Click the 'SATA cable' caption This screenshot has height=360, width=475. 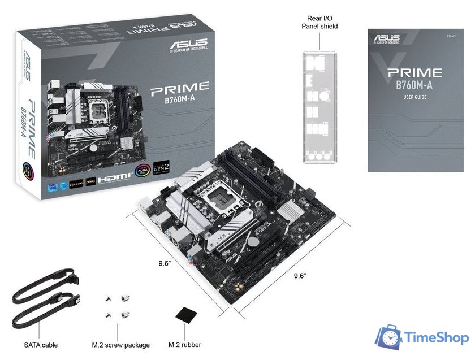click(41, 345)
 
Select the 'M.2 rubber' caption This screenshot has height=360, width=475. click(185, 345)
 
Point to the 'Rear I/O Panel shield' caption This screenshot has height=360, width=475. click(319, 22)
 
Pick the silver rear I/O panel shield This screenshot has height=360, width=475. click(320, 107)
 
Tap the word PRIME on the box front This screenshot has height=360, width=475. click(179, 87)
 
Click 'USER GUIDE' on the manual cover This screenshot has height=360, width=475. click(414, 97)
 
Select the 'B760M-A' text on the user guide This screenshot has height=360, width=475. click(414, 85)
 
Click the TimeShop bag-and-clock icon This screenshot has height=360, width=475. click(390, 337)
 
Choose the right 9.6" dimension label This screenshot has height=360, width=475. click(300, 276)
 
